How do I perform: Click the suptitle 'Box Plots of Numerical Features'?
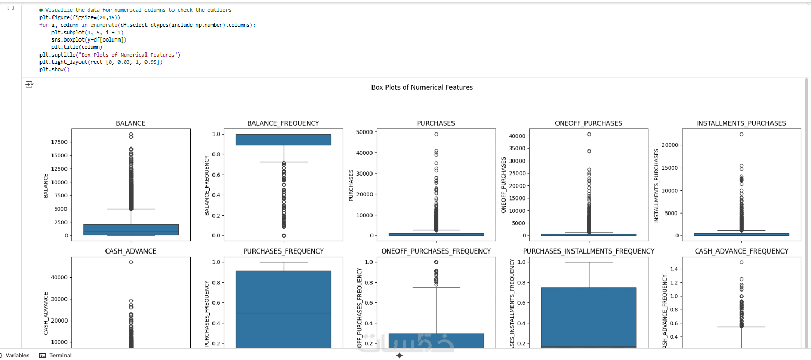click(422, 87)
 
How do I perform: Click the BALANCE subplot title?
click(130, 123)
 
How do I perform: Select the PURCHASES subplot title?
click(436, 123)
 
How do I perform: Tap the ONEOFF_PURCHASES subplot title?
click(588, 123)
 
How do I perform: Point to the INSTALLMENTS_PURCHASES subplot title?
click(741, 123)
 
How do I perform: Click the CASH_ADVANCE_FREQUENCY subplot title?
click(741, 251)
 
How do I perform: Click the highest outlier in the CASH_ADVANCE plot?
click(131, 262)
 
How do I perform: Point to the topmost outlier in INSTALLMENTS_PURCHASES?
click(741, 134)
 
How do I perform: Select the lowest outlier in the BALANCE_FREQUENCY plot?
click(283, 235)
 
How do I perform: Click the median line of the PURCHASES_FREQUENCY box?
click(283, 313)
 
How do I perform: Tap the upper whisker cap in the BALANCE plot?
click(131, 209)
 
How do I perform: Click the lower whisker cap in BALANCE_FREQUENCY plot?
click(283, 162)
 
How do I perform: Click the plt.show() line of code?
click(54, 69)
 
